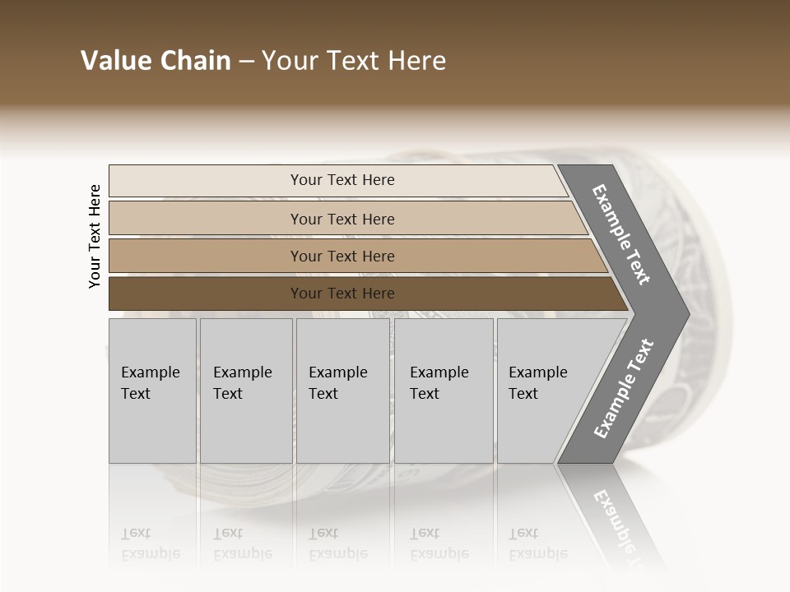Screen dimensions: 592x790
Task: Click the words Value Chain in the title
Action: click(156, 61)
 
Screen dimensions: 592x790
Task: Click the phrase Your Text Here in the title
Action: click(354, 61)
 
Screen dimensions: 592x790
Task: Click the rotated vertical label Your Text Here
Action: click(95, 237)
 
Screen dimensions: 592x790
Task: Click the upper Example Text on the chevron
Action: click(621, 234)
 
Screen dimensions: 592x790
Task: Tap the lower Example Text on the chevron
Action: click(624, 389)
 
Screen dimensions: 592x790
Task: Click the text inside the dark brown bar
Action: click(342, 294)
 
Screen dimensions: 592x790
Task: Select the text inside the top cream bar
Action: click(342, 180)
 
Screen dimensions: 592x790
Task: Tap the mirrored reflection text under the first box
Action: click(150, 543)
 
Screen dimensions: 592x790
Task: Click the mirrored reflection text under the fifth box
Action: click(537, 543)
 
